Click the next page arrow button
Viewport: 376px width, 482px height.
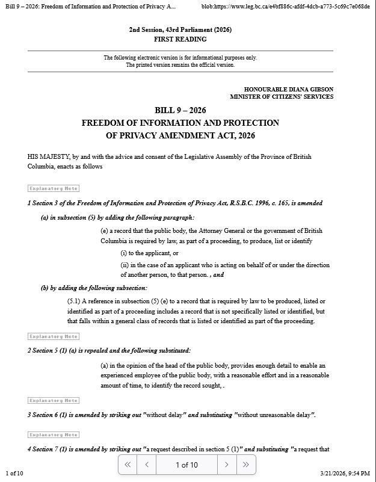(x=226, y=465)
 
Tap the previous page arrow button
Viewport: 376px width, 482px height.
(x=146, y=465)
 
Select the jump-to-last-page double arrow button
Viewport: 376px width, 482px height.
(x=245, y=465)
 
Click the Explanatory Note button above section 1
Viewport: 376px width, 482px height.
(x=54, y=188)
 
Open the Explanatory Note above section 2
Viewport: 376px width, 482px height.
(x=54, y=336)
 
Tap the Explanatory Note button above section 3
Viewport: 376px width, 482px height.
(x=54, y=400)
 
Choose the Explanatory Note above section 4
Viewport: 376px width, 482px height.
(x=54, y=434)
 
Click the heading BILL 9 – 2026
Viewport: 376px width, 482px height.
(x=180, y=110)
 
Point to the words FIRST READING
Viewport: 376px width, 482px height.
(x=180, y=39)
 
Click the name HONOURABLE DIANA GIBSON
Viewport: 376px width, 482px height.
(x=288, y=89)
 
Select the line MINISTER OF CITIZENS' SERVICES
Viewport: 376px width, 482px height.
(x=281, y=96)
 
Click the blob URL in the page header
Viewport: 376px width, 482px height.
(x=285, y=6)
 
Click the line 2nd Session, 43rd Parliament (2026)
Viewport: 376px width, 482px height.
(x=180, y=29)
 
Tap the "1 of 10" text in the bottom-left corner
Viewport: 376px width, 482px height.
(x=14, y=474)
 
